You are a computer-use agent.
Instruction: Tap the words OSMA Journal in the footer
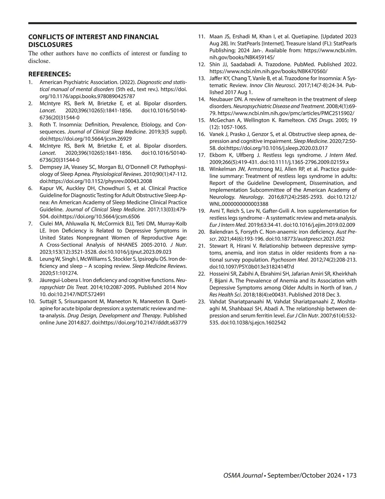pos(238,476)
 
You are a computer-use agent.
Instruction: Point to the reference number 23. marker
pos(202,301)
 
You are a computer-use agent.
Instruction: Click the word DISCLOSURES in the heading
pos(50,45)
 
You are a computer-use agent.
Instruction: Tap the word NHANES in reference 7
pos(127,245)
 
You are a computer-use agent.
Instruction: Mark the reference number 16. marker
pos(202,134)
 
